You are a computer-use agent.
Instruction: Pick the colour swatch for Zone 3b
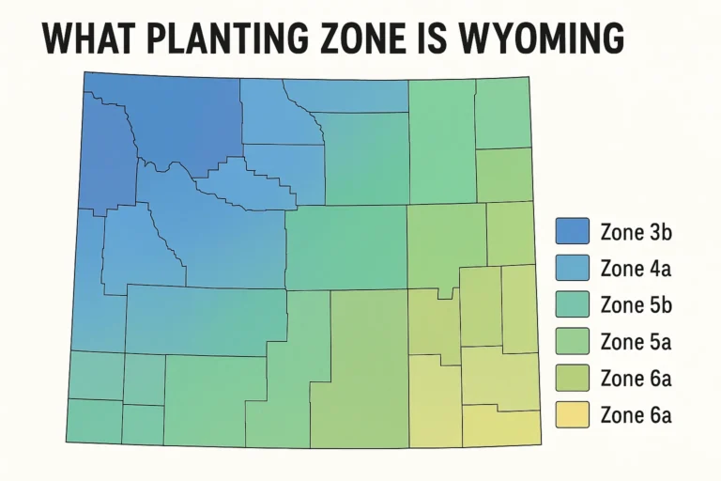572,231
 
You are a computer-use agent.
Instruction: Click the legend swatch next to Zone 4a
572,268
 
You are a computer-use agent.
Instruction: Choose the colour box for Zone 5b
572,304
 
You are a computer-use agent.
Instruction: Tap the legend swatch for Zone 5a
572,341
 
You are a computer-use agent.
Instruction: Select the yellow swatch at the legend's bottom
572,414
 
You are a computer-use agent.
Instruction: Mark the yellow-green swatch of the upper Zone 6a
572,378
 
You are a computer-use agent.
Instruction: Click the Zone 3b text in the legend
635,231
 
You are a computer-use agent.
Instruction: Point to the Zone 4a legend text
635,268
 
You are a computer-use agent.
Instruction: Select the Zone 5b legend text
635,304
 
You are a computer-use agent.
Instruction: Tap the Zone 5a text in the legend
635,341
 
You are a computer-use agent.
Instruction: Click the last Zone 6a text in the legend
635,414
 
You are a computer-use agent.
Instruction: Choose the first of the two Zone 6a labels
635,378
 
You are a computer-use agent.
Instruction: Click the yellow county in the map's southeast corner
503,427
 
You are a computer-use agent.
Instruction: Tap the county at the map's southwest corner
94,420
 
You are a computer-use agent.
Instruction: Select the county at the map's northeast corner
502,114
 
